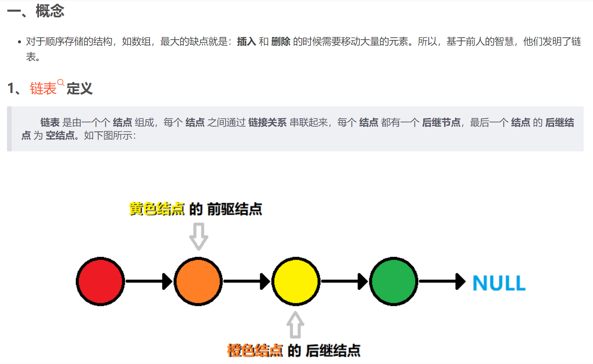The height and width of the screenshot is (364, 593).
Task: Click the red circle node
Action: point(100,281)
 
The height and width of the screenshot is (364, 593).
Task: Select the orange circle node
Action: point(198,281)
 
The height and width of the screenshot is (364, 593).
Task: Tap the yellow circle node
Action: point(296,281)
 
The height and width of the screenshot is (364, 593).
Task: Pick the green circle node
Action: point(393,281)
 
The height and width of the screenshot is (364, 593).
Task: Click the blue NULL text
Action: point(499,283)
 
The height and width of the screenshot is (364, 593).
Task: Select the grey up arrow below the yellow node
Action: point(295,325)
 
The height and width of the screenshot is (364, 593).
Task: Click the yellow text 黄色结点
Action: point(157,209)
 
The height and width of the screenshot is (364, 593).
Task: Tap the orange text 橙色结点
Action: point(255,351)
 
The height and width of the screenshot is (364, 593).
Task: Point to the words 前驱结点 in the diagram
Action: point(235,209)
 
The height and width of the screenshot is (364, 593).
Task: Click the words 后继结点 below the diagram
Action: point(333,351)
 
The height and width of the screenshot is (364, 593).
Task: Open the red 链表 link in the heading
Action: point(43,89)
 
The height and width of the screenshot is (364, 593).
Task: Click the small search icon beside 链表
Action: point(61,82)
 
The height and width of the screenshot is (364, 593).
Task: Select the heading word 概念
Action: point(50,11)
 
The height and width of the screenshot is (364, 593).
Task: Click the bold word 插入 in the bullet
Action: point(247,42)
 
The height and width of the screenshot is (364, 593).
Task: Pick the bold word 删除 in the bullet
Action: point(281,42)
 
